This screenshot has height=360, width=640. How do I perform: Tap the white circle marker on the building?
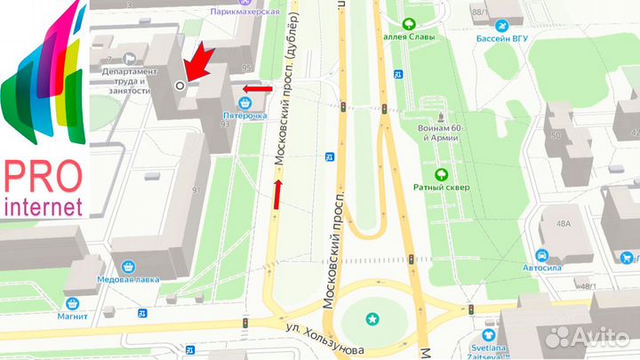point(180,85)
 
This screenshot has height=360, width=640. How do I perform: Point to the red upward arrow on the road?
point(278,193)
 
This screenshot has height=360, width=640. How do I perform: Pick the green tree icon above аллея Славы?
point(410,25)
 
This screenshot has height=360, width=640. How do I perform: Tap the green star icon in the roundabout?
point(372,318)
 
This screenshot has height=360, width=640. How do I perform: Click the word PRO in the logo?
point(43,175)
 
